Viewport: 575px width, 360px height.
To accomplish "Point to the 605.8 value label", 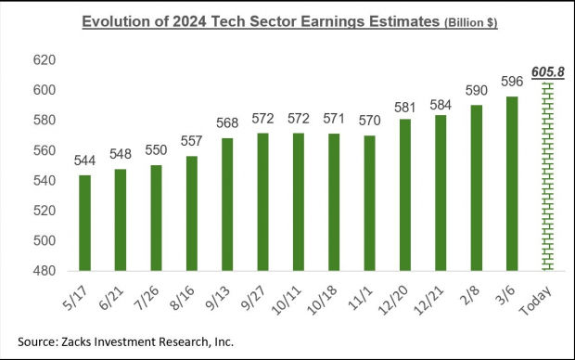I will click(547, 71).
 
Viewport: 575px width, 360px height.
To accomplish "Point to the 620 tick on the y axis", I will click(45, 60).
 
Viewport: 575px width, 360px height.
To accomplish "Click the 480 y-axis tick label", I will click(45, 270).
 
